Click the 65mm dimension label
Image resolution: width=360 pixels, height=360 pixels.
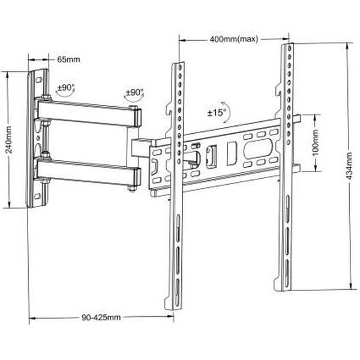pyautogui.click(x=68, y=59)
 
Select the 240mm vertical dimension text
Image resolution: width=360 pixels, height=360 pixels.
pyautogui.click(x=9, y=140)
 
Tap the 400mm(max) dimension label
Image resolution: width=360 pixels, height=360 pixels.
pyautogui.click(x=234, y=39)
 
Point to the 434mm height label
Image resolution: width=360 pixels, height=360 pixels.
pyautogui.click(x=349, y=166)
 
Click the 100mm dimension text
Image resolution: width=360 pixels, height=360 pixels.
pyautogui.click(x=316, y=143)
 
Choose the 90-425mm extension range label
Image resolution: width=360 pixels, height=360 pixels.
pyautogui.click(x=101, y=317)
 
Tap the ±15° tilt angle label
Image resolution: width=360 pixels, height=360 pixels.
pyautogui.click(x=217, y=113)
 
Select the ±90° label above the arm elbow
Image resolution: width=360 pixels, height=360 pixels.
pyautogui.click(x=135, y=92)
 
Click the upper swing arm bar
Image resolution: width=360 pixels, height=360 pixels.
pyautogui.click(x=88, y=113)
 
